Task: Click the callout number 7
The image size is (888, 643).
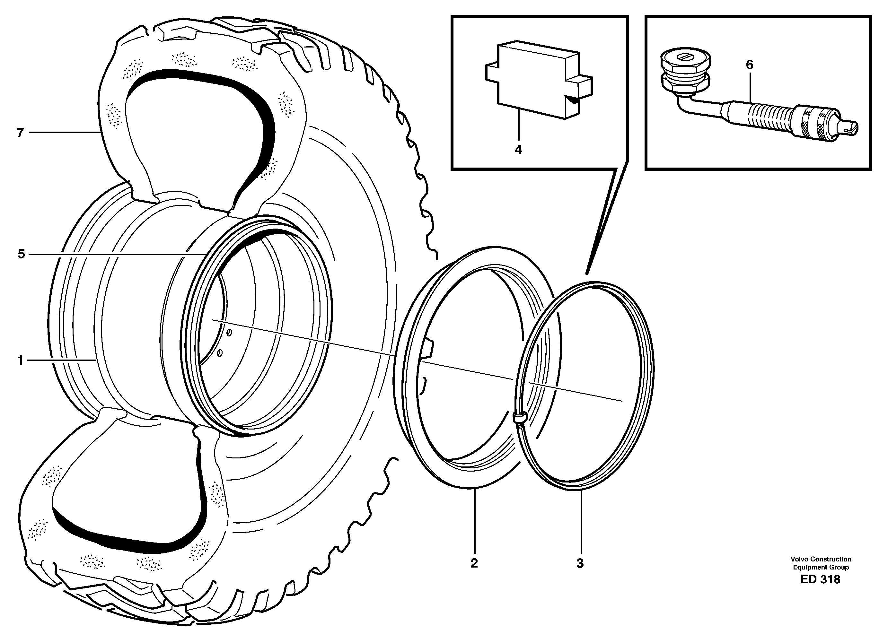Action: pyautogui.click(x=20, y=133)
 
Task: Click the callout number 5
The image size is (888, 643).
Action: pyautogui.click(x=21, y=254)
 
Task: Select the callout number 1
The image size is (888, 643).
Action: pyautogui.click(x=20, y=361)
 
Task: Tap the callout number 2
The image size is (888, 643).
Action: pyautogui.click(x=474, y=564)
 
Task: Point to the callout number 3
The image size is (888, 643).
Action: pyautogui.click(x=580, y=564)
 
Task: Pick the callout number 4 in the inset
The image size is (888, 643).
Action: pyautogui.click(x=518, y=150)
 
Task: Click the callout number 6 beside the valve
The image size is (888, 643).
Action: pyautogui.click(x=749, y=65)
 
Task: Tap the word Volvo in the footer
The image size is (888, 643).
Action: pyautogui.click(x=799, y=559)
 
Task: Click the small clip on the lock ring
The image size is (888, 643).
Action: pyautogui.click(x=519, y=418)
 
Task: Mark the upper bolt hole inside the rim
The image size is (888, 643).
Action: pyautogui.click(x=229, y=333)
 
